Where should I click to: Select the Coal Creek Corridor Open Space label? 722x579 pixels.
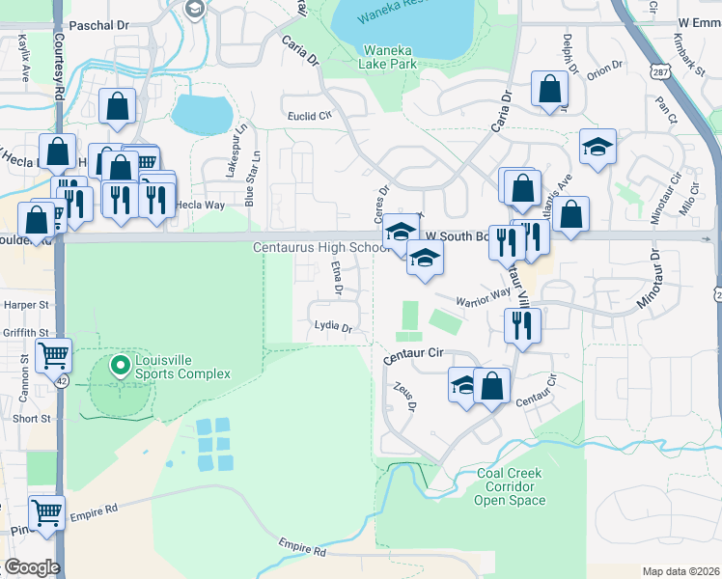click(x=511, y=487)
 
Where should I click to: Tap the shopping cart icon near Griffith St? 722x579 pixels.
click(x=53, y=354)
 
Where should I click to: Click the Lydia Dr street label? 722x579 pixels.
click(x=333, y=327)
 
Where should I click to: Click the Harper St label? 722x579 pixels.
click(x=25, y=305)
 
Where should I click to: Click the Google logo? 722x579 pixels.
click(x=32, y=567)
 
